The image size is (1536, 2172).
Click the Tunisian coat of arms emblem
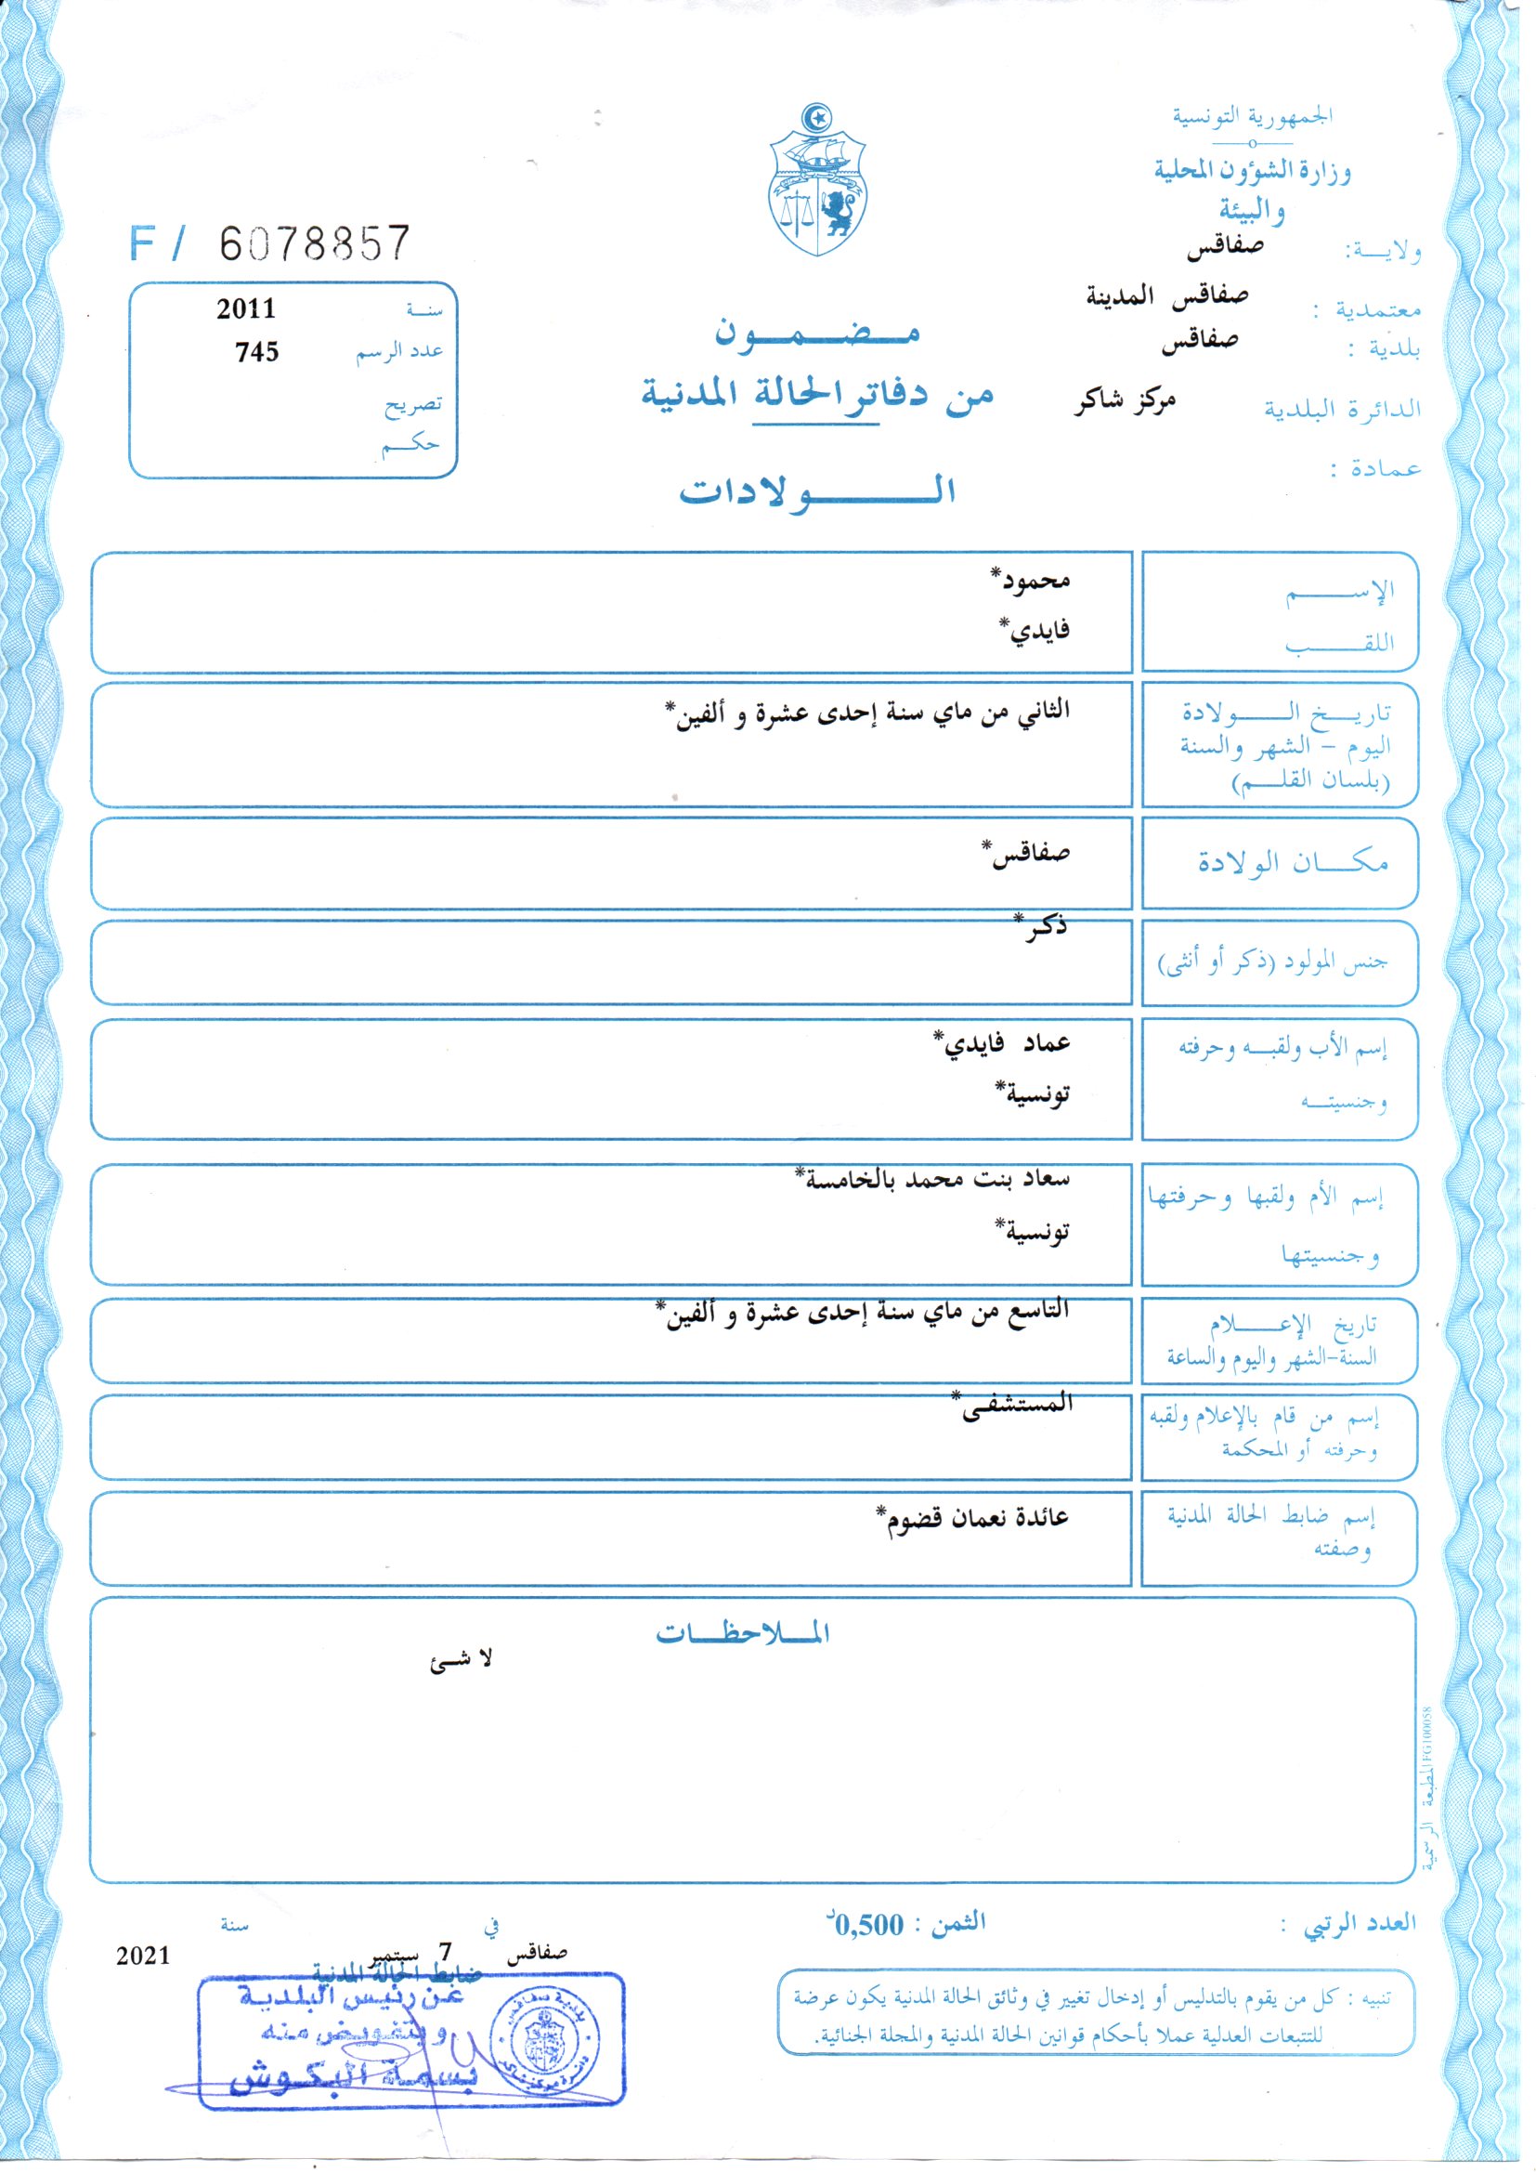click(817, 182)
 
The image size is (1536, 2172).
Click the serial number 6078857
click(315, 244)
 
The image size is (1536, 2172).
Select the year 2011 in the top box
click(246, 309)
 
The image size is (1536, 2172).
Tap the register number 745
click(256, 352)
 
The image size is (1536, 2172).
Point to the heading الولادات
click(817, 491)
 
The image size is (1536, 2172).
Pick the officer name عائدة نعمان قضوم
click(973, 1518)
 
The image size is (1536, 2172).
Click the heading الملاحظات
click(743, 1634)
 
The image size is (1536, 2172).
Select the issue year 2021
click(143, 1956)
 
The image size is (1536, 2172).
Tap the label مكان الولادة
click(1292, 863)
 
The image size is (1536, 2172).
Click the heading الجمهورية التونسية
click(1252, 117)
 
